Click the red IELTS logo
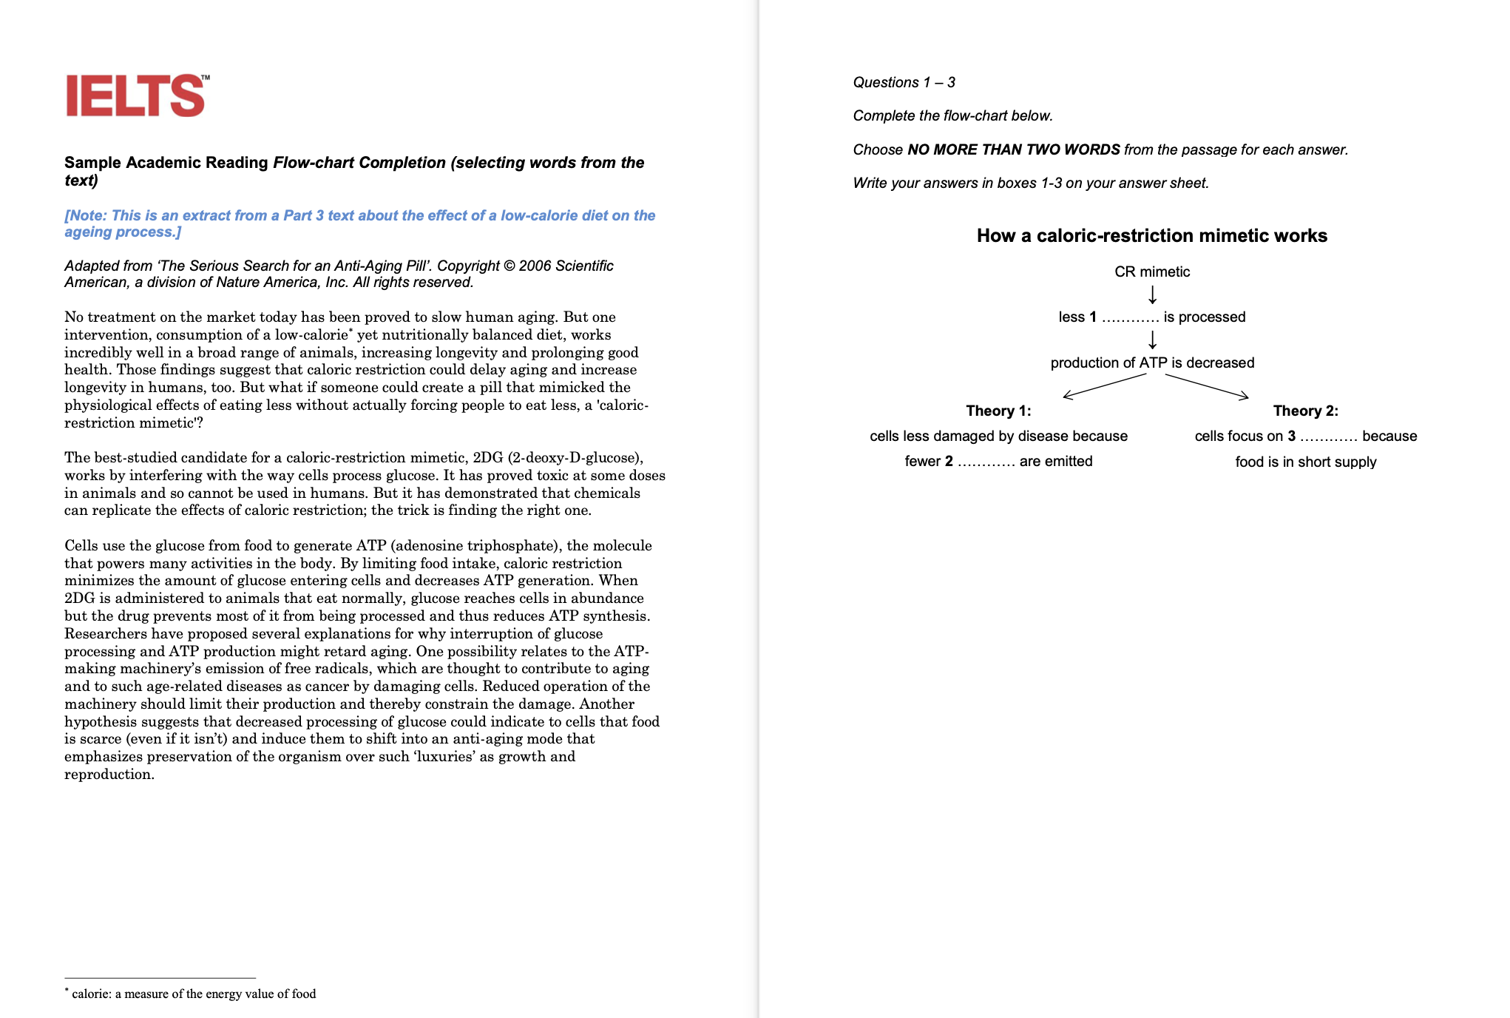[136, 95]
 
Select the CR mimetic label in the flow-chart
[1152, 272]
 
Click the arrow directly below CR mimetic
[1152, 294]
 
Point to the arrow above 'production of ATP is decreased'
[1152, 340]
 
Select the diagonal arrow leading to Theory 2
[1207, 386]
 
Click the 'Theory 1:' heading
[998, 411]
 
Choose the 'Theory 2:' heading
[1305, 411]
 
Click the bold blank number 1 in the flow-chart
[1093, 317]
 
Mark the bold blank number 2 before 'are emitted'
[949, 462]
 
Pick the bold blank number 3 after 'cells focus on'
[1291, 436]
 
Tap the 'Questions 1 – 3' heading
[904, 82]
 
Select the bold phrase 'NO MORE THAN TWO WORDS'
[1013, 149]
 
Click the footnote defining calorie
[193, 994]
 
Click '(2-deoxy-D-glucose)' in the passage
[575, 457]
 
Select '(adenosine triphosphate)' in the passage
[475, 545]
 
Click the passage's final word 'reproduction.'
[109, 775]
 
